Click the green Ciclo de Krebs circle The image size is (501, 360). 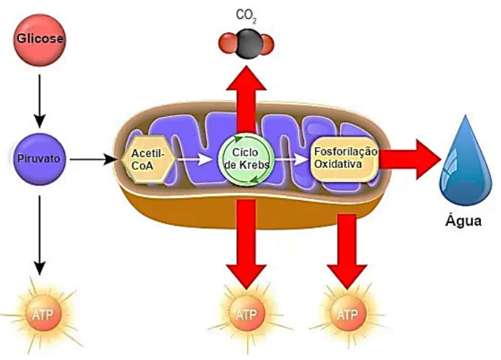point(245,156)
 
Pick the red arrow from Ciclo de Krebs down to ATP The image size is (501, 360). point(245,244)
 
